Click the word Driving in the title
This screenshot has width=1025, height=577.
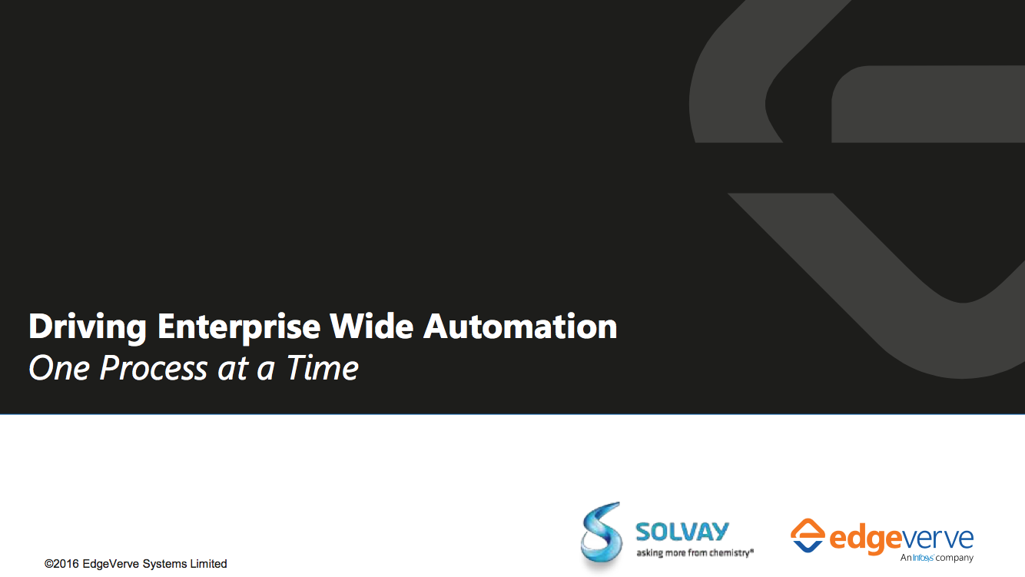pyautogui.click(x=88, y=327)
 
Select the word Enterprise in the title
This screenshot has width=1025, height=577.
pyautogui.click(x=239, y=327)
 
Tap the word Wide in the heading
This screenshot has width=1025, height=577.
pyautogui.click(x=372, y=327)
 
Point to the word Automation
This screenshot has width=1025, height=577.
pyautogui.click(x=520, y=327)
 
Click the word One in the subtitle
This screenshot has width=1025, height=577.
pyautogui.click(x=59, y=368)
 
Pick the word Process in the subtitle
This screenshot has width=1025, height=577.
pyautogui.click(x=154, y=368)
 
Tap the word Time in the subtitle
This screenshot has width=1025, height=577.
pyautogui.click(x=322, y=368)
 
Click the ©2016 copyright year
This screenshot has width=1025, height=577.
pyautogui.click(x=61, y=564)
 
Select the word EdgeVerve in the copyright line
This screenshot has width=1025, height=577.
pyautogui.click(x=111, y=564)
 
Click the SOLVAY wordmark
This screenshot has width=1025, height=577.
pyautogui.click(x=682, y=532)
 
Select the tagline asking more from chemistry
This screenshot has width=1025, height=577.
pyautogui.click(x=695, y=553)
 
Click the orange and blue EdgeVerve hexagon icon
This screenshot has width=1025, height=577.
pyautogui.click(x=808, y=536)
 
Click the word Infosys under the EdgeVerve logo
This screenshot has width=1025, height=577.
pyautogui.click(x=923, y=558)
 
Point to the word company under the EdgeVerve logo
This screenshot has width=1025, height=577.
pyautogui.click(x=954, y=559)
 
